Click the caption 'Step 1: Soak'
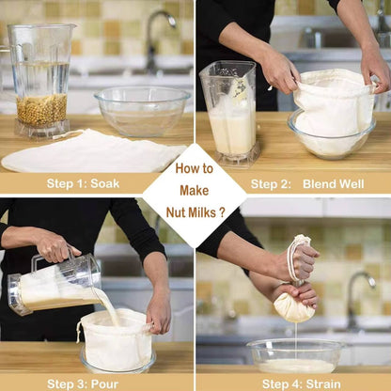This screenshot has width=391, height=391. click(83, 183)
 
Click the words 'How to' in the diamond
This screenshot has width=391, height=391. click(195, 169)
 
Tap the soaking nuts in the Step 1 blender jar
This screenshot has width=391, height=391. click(42, 109)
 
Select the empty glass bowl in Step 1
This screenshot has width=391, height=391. click(143, 111)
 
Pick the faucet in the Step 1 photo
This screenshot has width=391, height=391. click(155, 38)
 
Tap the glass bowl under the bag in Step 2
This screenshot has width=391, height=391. click(330, 138)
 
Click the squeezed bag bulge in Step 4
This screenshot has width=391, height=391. click(294, 305)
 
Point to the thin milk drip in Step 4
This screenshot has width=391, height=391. click(295, 336)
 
